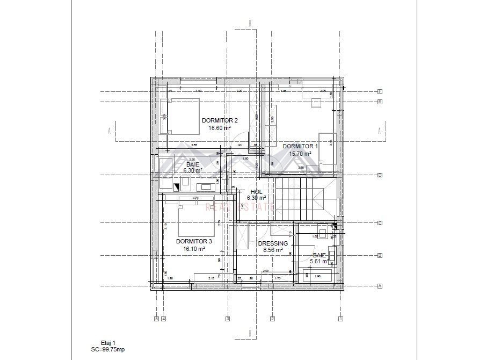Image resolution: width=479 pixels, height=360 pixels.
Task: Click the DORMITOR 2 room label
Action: tap(220, 120)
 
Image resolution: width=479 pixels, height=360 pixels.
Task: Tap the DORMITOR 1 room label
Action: tap(300, 146)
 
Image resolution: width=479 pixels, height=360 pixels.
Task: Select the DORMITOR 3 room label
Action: tap(194, 241)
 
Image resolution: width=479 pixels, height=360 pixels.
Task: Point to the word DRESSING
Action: tap(273, 243)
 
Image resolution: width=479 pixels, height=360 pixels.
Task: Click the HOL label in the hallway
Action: tap(256, 191)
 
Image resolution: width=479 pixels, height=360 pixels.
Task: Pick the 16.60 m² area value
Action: tap(220, 128)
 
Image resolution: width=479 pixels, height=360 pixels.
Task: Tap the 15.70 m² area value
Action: tap(300, 153)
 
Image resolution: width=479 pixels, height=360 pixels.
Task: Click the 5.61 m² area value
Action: tap(319, 262)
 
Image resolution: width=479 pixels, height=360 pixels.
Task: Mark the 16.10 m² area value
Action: tap(194, 249)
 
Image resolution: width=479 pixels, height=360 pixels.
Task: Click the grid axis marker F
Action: tap(379, 91)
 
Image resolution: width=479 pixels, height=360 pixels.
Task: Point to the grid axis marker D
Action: tap(379, 175)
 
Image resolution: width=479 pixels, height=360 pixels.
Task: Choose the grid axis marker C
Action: tap(379, 222)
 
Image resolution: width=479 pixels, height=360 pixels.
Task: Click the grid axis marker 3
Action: tap(228, 319)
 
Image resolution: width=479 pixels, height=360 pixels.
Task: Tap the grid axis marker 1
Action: tap(340, 319)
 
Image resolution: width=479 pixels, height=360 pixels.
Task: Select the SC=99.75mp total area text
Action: tap(107, 349)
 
